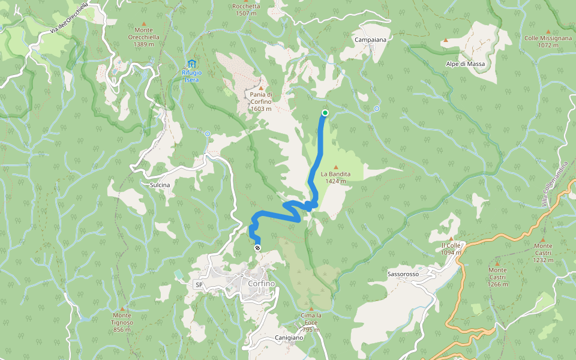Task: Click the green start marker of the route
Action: tap(325, 113)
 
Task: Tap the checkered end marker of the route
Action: tap(258, 247)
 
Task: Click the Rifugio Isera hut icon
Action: tap(191, 64)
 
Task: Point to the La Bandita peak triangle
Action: tap(335, 167)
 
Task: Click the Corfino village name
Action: tap(261, 283)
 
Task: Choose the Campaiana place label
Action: tap(370, 40)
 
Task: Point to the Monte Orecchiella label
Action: tap(143, 37)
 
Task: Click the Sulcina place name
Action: tap(160, 185)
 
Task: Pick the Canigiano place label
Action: tap(289, 337)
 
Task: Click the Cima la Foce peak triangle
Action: tap(311, 308)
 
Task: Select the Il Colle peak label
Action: tap(451, 248)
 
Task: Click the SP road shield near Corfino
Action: tap(199, 284)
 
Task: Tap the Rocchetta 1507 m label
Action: tap(247, 10)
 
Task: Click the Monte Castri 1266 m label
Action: tap(497, 280)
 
